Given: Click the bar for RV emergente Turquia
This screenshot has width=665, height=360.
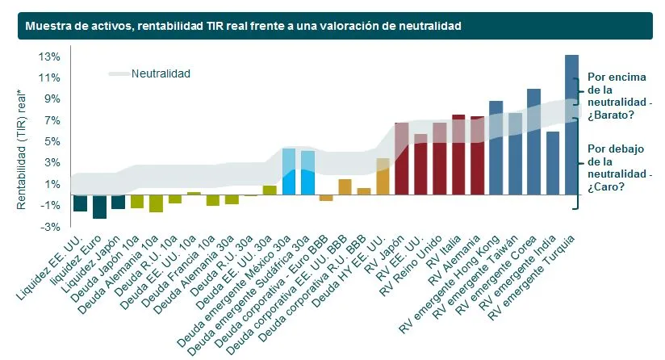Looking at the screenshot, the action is (x=571, y=124).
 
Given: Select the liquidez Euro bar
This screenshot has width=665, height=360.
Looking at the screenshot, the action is (x=99, y=207).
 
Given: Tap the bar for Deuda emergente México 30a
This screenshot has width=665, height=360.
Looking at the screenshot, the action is (x=289, y=172).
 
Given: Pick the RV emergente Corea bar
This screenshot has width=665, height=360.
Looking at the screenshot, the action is (x=533, y=142).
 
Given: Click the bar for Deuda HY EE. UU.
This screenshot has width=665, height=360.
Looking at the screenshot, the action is (x=383, y=177).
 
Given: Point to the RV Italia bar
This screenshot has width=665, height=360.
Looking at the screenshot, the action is (x=458, y=155).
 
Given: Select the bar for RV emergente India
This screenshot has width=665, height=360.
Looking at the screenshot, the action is (x=553, y=163).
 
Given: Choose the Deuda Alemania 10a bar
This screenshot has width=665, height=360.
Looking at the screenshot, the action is (x=156, y=203).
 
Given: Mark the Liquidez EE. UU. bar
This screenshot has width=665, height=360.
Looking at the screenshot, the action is (x=80, y=203).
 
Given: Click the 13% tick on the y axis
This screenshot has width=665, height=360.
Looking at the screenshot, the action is (x=49, y=57).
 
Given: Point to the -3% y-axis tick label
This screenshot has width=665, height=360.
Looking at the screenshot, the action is (x=50, y=227).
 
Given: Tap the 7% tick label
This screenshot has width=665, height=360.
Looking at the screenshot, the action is (x=52, y=120).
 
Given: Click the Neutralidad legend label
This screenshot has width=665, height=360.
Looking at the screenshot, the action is (x=161, y=73).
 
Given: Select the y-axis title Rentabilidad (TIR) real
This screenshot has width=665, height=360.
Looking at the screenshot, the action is (x=21, y=149).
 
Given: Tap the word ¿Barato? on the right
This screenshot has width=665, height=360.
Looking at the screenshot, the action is (x=611, y=115).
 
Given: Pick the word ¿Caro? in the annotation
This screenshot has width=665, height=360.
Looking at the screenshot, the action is (x=606, y=186).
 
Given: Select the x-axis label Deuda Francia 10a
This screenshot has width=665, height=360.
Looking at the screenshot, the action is (x=178, y=272).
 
